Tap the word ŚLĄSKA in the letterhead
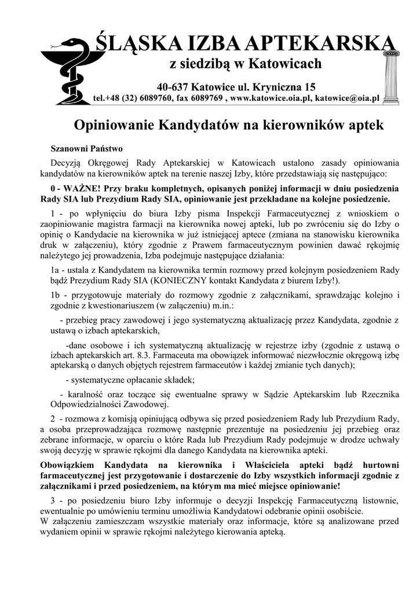pyautogui.click(x=133, y=43)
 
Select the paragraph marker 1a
pyautogui.click(x=56, y=270)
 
